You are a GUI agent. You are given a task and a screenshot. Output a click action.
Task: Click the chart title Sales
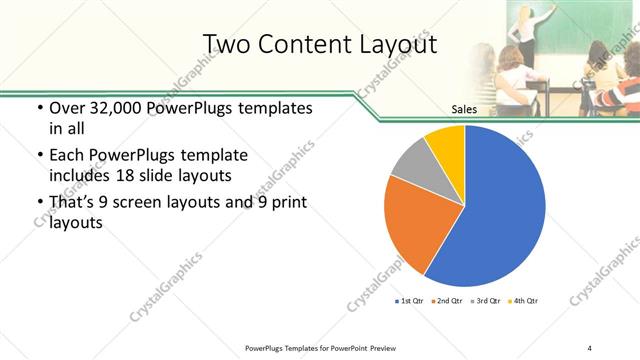464,111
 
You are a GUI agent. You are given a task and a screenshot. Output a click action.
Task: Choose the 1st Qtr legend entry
410,301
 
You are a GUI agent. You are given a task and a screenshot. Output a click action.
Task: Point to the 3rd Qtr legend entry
486,301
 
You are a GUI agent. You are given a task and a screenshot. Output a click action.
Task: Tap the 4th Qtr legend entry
523,301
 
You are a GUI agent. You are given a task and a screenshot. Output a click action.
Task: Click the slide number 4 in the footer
590,347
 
